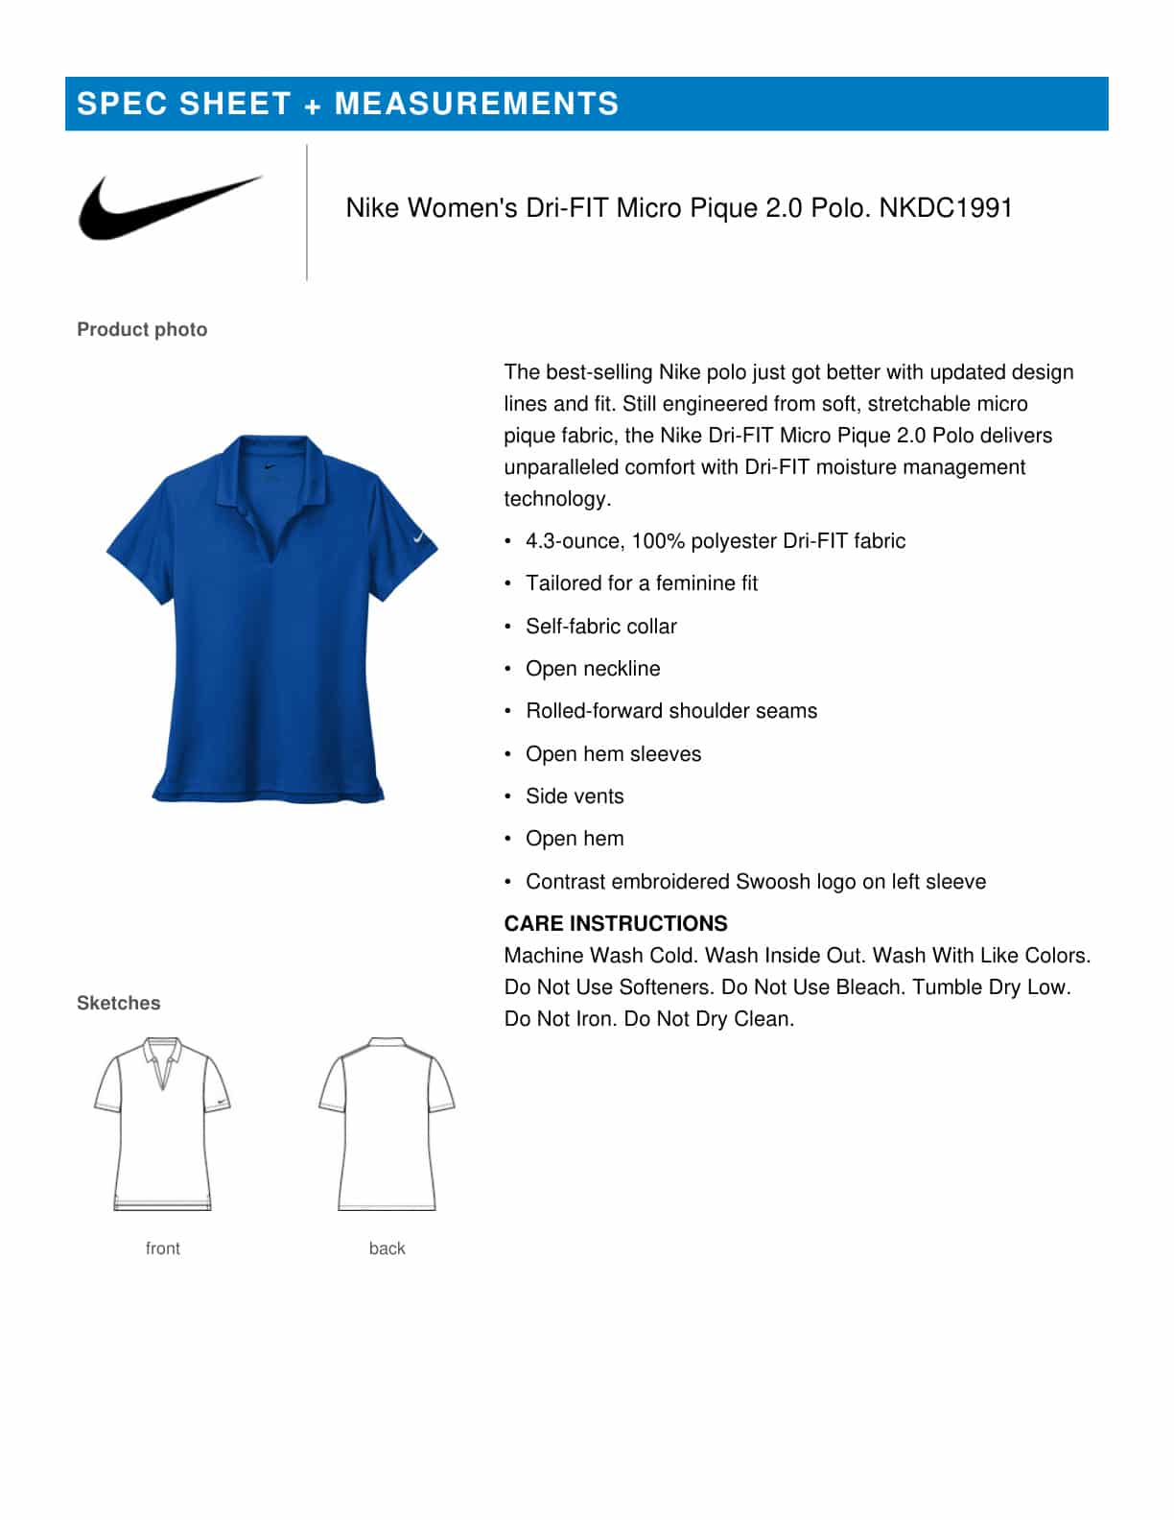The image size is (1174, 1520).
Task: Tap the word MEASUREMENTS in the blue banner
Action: pos(476,104)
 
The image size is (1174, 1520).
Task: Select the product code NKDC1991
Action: pos(946,208)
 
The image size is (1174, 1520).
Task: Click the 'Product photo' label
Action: pos(142,329)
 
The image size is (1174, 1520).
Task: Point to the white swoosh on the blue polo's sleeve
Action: pos(419,538)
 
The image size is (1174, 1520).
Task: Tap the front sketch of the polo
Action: pos(162,1123)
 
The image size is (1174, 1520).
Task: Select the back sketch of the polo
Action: pos(387,1123)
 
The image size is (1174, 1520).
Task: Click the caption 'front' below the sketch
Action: pos(162,1248)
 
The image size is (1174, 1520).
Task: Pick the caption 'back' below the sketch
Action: pos(387,1248)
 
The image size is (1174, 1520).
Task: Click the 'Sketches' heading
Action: pos(118,1003)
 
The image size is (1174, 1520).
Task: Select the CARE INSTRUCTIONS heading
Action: pos(616,923)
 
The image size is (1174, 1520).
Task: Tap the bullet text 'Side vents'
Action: pos(575,796)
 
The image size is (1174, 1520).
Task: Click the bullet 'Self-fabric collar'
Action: pos(601,626)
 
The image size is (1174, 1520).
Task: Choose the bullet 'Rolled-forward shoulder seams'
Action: pos(671,711)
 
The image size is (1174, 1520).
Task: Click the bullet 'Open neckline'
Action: pos(593,669)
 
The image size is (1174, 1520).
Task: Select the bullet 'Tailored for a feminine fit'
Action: pos(642,583)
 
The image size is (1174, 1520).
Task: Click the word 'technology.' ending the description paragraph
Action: pos(557,499)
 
